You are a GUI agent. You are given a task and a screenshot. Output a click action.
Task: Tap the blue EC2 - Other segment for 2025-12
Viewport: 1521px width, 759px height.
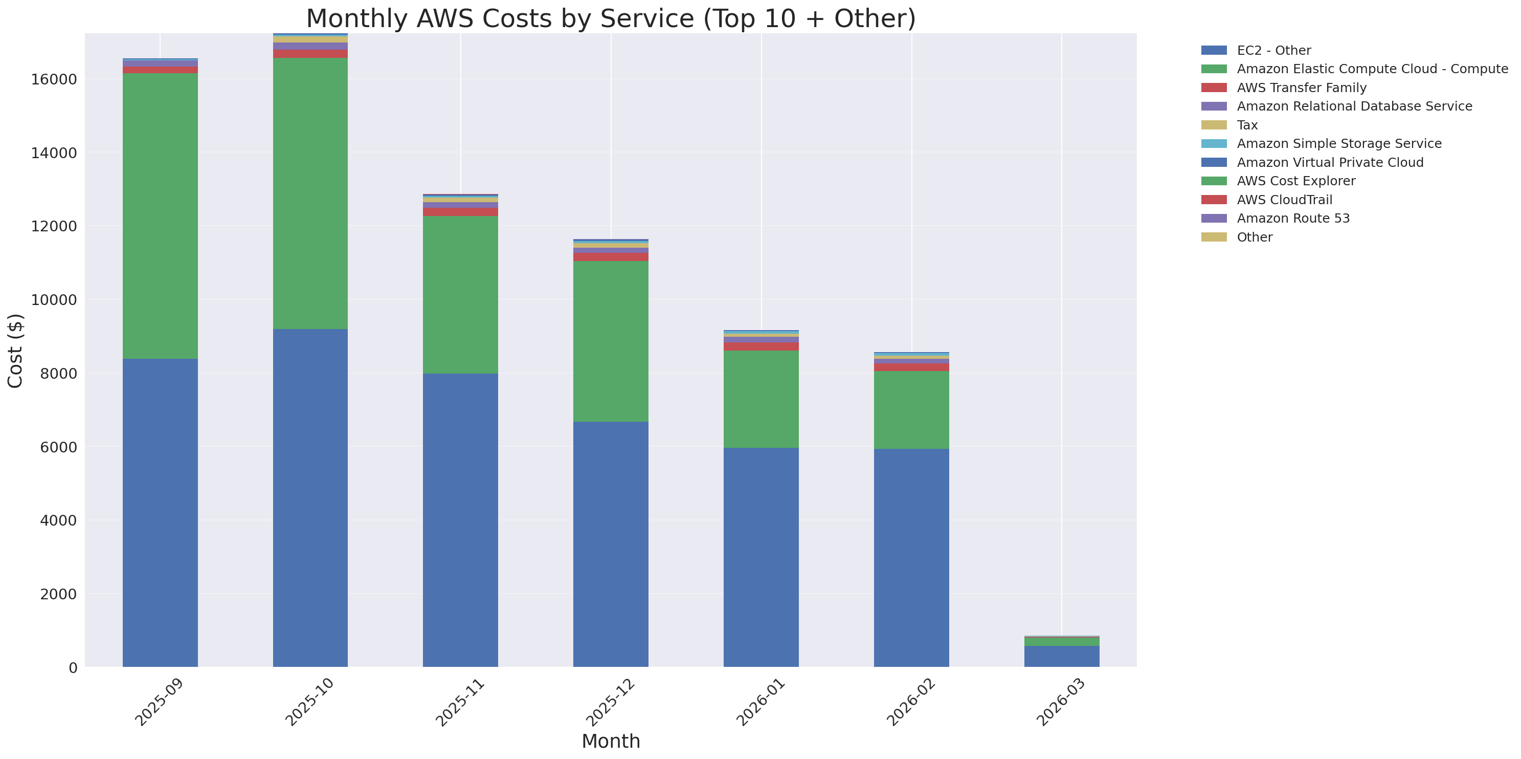coord(611,544)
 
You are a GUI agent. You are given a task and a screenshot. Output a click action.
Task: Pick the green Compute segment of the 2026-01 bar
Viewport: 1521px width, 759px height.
coord(761,399)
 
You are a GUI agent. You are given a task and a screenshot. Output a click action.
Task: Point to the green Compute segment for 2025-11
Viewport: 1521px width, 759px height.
coord(461,295)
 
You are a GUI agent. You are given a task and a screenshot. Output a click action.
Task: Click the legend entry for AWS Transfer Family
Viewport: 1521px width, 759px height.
coord(1302,88)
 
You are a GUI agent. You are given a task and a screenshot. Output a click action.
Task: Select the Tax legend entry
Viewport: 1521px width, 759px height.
coord(1247,125)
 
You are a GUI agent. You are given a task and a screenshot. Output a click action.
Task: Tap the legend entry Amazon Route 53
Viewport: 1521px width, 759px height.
coord(1293,219)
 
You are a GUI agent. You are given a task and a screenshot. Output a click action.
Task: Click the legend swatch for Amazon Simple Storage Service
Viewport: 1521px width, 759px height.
coord(1214,143)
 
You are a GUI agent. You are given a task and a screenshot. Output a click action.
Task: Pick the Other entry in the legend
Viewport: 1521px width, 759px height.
coord(1254,237)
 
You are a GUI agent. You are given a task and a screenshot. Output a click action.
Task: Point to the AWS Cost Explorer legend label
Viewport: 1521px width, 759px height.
coord(1296,181)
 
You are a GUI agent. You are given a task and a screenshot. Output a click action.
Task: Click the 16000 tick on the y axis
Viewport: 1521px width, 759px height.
coord(54,80)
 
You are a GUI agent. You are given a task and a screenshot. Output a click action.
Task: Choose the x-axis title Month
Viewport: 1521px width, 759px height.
coord(611,741)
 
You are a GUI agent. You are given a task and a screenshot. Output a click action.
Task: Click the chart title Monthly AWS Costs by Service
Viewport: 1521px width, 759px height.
coord(611,18)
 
